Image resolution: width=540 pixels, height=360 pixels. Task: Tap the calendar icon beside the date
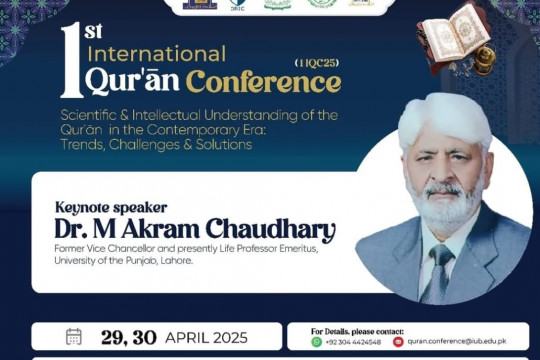(x=74, y=337)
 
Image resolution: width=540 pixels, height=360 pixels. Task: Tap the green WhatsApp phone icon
(x=316, y=342)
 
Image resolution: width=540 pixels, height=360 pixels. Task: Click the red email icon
(x=398, y=342)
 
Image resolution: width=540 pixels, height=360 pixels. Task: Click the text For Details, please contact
(x=356, y=329)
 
